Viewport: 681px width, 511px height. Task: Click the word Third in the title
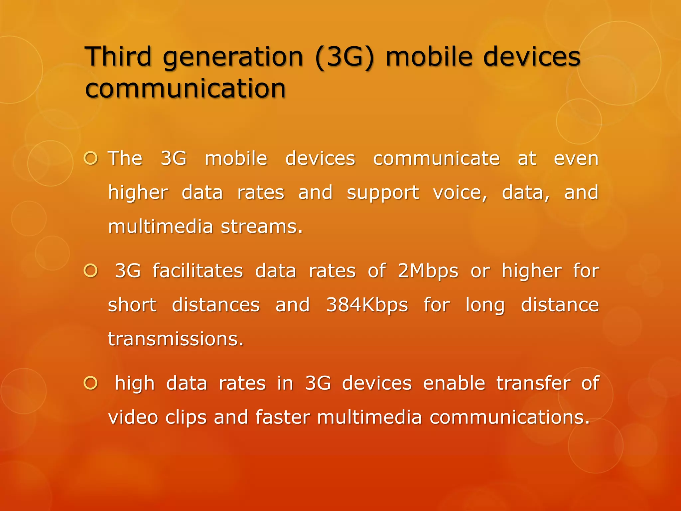pos(118,57)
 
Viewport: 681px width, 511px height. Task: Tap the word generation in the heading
pos(233,57)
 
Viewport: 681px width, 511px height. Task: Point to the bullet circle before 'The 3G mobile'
pos(90,158)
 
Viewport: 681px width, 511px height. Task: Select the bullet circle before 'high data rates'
pos(90,383)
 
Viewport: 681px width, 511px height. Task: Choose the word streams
pos(262,227)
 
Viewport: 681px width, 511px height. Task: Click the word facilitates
pos(198,271)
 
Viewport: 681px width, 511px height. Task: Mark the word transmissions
pos(176,339)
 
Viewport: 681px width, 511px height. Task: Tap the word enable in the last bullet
pos(454,383)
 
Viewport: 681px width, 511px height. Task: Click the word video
pos(133,417)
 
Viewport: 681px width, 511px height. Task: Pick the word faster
pos(283,417)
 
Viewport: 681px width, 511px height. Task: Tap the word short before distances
pos(132,305)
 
